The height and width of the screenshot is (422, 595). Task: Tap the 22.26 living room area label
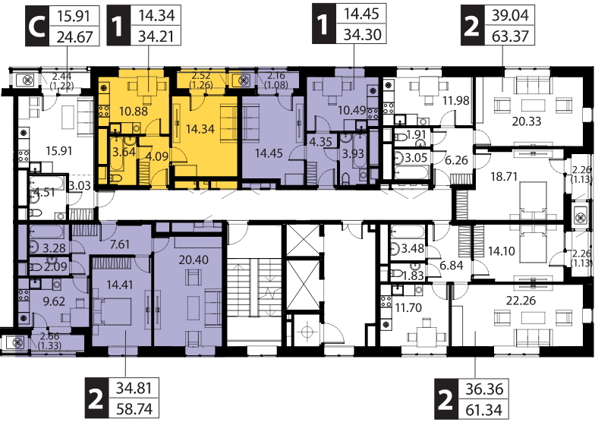pyautogui.click(x=521, y=301)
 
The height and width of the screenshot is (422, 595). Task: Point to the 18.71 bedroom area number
pyautogui.click(x=504, y=176)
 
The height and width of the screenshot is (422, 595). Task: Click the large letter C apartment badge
pyautogui.click(x=37, y=26)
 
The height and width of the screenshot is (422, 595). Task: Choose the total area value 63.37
pyautogui.click(x=510, y=36)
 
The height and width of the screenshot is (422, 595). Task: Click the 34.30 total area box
pyautogui.click(x=362, y=35)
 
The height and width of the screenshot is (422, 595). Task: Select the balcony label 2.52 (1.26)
pyautogui.click(x=200, y=79)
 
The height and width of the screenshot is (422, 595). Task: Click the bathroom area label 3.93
pyautogui.click(x=352, y=153)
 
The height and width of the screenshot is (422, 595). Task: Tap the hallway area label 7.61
pyautogui.click(x=120, y=244)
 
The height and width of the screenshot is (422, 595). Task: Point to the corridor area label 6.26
pyautogui.click(x=457, y=160)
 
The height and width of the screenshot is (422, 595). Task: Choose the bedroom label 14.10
pyautogui.click(x=501, y=250)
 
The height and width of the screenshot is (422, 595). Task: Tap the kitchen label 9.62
pyautogui.click(x=54, y=302)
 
